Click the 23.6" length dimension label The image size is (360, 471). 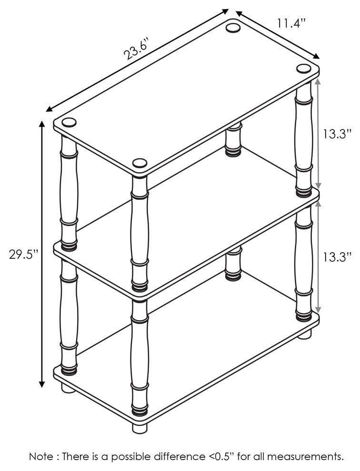[x=136, y=49]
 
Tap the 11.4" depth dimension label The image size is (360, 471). [x=291, y=23]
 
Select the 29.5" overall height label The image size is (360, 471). [x=23, y=254]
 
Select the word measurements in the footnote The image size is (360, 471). [x=305, y=457]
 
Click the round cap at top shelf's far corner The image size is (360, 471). [x=233, y=27]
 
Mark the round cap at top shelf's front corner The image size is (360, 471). [x=139, y=164]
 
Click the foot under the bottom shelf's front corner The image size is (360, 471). [x=140, y=427]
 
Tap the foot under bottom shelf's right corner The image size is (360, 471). [x=304, y=334]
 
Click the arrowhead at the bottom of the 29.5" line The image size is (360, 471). [x=42, y=384]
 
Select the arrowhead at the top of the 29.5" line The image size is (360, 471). [x=42, y=124]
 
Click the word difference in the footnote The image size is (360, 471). [x=178, y=457]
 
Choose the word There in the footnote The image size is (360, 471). [x=78, y=457]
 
